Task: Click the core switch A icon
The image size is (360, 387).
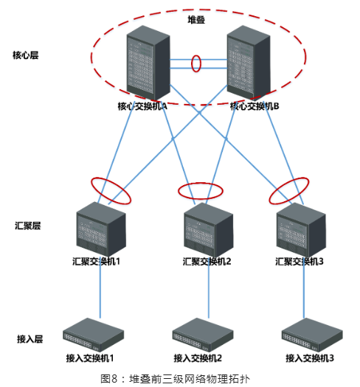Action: point(148,63)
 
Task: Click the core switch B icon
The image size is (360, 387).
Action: point(249,63)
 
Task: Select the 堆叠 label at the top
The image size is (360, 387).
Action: point(196,19)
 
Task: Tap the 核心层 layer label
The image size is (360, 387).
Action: point(26,55)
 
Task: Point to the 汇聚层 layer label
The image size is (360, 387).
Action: point(28,226)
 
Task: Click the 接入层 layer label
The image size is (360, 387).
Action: point(30,339)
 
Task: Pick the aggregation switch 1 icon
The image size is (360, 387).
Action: point(101,229)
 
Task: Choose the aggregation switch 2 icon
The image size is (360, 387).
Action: point(209,229)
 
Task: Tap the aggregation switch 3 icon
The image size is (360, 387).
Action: point(301,229)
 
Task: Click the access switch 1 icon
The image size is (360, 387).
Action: point(93,335)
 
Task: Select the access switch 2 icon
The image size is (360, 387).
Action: point(203,335)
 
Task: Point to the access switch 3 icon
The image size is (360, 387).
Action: point(312,335)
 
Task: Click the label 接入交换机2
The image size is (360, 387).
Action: point(198,358)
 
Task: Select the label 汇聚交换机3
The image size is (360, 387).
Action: point(300,262)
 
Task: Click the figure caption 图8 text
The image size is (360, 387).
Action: point(176,379)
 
